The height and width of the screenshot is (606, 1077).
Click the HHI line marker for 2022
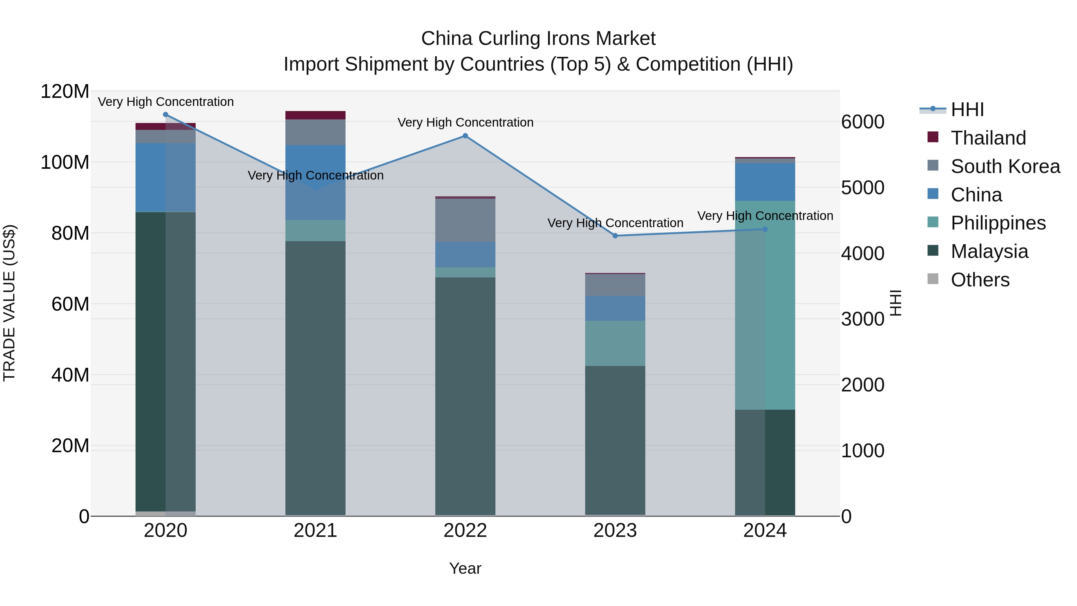click(x=465, y=136)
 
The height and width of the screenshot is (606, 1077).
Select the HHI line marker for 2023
click(x=615, y=236)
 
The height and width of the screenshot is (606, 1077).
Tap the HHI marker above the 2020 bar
click(x=165, y=115)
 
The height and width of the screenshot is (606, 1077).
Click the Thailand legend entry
click(x=988, y=138)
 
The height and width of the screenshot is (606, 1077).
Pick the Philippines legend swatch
click(x=933, y=222)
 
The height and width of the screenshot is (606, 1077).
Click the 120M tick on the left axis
click(x=65, y=92)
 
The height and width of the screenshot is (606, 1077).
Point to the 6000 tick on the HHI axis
click(x=862, y=122)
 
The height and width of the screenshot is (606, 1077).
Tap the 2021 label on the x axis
click(x=315, y=531)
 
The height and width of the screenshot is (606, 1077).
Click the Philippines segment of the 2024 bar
click(x=765, y=305)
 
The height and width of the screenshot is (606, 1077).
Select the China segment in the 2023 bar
click(x=615, y=309)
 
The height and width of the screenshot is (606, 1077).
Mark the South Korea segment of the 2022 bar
click(x=465, y=220)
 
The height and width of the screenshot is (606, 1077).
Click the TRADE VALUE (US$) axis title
click(x=10, y=303)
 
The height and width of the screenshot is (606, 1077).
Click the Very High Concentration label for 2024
click(x=765, y=216)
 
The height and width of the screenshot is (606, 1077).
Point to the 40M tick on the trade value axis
click(x=70, y=375)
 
